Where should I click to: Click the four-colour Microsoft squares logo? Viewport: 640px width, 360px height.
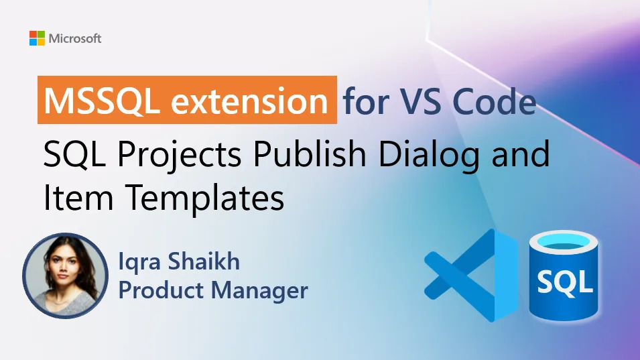coord(37,38)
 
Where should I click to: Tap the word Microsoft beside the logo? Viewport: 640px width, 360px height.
coord(75,38)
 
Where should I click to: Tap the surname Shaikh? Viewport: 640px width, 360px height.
coord(207,261)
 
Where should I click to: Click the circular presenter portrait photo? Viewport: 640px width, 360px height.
coord(65,275)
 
